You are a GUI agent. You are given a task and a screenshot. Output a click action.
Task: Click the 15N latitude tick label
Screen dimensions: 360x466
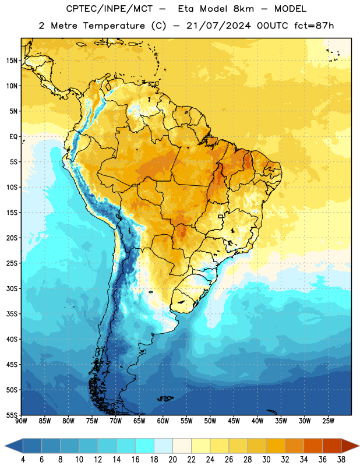coord(12,61)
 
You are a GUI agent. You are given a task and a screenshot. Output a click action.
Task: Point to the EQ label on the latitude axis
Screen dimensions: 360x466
coord(13,137)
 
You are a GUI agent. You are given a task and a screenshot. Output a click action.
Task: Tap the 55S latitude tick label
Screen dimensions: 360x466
coord(12,415)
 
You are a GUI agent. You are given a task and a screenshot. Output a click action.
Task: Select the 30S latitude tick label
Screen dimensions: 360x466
coord(12,288)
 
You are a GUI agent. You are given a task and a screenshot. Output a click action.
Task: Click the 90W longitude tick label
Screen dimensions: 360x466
coord(22,421)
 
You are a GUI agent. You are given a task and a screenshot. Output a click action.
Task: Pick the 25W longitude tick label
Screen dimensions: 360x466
coord(328,421)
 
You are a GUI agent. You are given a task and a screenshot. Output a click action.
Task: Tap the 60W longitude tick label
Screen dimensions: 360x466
coord(163,421)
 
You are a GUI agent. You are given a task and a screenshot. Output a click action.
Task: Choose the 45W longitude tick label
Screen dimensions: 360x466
coord(234,421)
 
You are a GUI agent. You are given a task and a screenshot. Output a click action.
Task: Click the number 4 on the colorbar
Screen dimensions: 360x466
coord(23,460)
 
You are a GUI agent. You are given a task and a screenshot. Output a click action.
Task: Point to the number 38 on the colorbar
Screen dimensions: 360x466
coord(341,460)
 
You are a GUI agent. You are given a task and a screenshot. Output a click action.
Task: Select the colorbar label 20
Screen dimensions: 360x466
coord(172,460)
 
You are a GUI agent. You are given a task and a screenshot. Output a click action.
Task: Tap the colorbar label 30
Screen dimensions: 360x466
coord(266,460)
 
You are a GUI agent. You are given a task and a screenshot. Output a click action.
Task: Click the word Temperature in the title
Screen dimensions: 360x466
coord(114,26)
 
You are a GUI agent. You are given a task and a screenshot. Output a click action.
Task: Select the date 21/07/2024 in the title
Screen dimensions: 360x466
coord(218,26)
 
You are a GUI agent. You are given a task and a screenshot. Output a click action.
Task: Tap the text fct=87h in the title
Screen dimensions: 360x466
coord(314,26)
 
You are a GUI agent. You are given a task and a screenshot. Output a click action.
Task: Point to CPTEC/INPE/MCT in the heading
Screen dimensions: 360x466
coord(109,9)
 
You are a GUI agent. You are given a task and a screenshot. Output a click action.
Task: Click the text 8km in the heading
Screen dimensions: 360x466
coord(243,9)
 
